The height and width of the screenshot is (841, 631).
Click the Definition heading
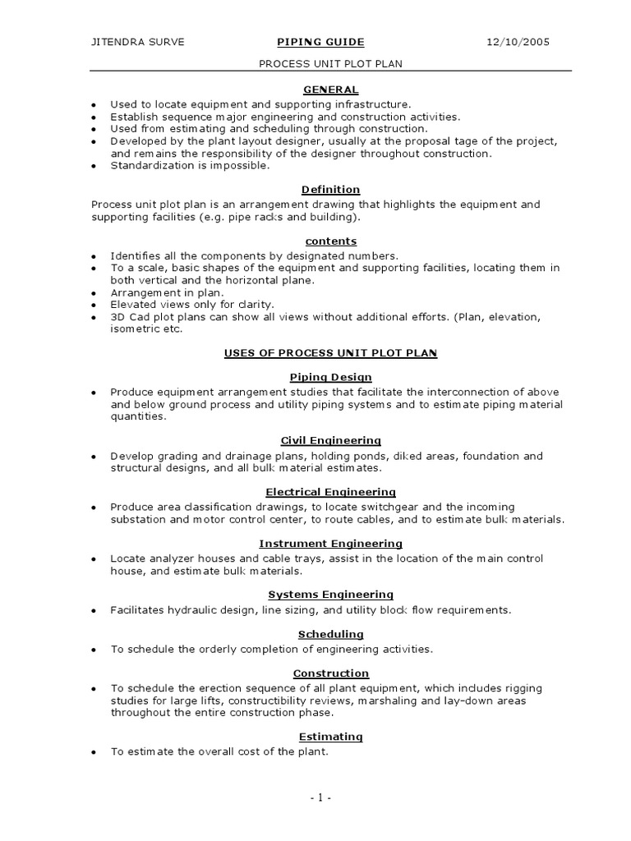(x=330, y=189)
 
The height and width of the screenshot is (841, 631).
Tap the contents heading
(x=330, y=241)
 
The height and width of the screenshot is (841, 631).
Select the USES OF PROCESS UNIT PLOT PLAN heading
(x=330, y=352)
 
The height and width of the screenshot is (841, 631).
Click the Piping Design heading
(x=330, y=377)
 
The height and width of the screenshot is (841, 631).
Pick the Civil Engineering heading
(x=330, y=440)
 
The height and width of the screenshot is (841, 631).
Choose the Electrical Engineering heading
(x=330, y=491)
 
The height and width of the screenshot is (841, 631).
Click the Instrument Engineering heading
(x=330, y=543)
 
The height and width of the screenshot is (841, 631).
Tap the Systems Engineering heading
(x=330, y=594)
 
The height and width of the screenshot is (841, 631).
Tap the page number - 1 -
(x=320, y=797)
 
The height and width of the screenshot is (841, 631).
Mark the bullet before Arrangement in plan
(x=94, y=292)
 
